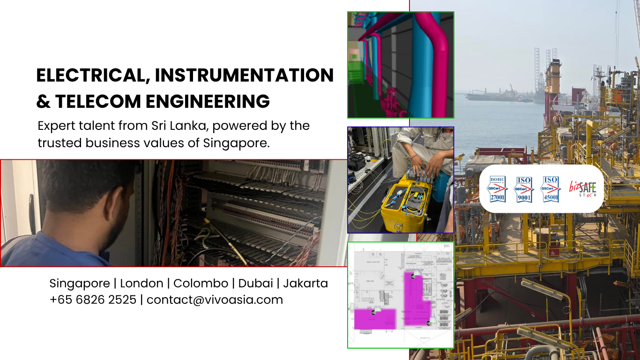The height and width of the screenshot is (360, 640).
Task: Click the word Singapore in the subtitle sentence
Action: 236,143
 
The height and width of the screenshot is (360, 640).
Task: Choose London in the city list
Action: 141,283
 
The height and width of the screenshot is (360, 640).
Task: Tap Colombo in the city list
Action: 201,283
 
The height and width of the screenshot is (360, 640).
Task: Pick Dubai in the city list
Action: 255,283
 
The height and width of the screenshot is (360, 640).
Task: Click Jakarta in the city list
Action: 305,283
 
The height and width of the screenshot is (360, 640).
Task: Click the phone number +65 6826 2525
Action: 93,300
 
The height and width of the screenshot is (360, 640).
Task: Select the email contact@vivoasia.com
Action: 215,300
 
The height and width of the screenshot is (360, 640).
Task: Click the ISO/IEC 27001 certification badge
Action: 497,189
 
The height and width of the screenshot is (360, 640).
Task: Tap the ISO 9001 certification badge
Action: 524,189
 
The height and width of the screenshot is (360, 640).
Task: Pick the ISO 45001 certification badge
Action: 551,189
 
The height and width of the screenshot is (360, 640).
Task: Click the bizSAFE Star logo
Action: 583,189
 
